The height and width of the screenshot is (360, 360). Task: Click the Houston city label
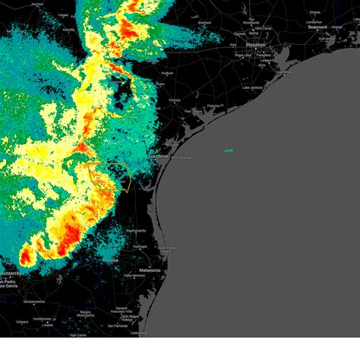pyautogui.click(x=255, y=45)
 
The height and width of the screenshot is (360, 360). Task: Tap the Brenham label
pyautogui.click(x=204, y=23)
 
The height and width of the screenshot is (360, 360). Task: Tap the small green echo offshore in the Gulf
pyautogui.click(x=229, y=150)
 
